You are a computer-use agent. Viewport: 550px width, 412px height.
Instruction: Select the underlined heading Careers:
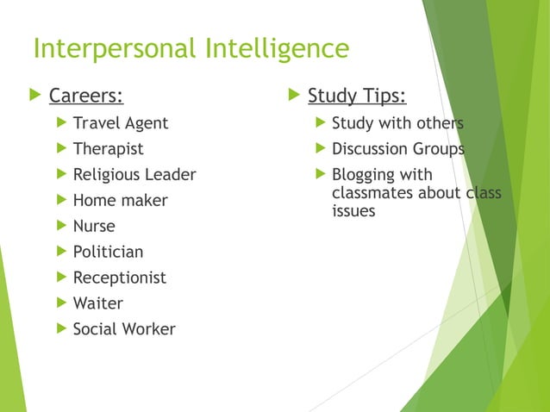[85, 94]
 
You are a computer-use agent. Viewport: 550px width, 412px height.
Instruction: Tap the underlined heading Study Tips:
[357, 94]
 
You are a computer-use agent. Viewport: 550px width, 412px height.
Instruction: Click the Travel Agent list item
[120, 123]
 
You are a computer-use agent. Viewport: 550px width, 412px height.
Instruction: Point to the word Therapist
[108, 149]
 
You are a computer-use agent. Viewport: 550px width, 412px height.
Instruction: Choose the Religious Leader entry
[134, 175]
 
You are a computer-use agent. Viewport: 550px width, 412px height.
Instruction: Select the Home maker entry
[120, 201]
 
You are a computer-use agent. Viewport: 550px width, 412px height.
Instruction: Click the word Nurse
[93, 227]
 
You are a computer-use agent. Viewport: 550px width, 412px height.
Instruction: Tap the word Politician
[108, 253]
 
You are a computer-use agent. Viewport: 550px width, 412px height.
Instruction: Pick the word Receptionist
[119, 278]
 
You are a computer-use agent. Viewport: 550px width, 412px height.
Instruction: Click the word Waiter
[97, 303]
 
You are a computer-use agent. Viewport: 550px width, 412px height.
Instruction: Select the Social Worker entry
[123, 329]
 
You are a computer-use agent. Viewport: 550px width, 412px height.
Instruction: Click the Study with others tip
[397, 123]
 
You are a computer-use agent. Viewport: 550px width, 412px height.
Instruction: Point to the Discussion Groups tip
[397, 149]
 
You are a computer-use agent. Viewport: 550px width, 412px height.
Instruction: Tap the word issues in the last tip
[353, 210]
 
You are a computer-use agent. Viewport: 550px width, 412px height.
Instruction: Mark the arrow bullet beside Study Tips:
[293, 94]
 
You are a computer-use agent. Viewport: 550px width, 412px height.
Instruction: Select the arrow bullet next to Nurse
[60, 227]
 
